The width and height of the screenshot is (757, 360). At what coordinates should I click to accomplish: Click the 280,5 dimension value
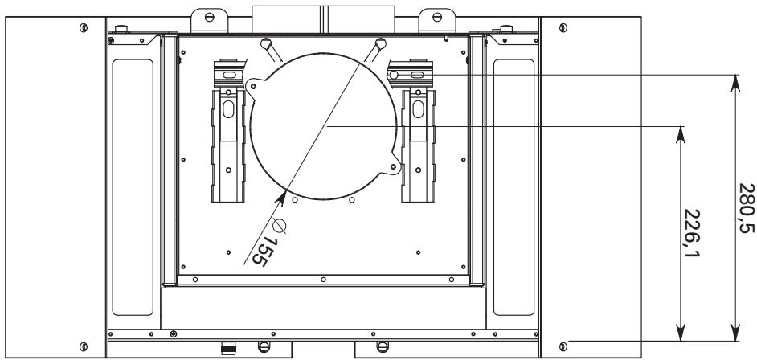(747, 208)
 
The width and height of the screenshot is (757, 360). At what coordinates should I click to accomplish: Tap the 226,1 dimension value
(692, 233)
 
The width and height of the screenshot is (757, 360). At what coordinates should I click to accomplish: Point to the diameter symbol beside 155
(279, 226)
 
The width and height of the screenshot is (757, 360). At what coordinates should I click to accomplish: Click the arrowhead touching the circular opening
(281, 198)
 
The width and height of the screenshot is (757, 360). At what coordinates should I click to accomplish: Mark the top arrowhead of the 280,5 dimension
(735, 83)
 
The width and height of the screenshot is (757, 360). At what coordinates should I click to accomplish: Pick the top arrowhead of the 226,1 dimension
(680, 135)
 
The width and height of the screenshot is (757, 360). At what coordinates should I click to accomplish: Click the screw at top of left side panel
(84, 27)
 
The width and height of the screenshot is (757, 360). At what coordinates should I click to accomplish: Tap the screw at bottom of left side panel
(84, 346)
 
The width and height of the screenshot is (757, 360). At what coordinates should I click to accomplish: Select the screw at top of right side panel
(563, 27)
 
